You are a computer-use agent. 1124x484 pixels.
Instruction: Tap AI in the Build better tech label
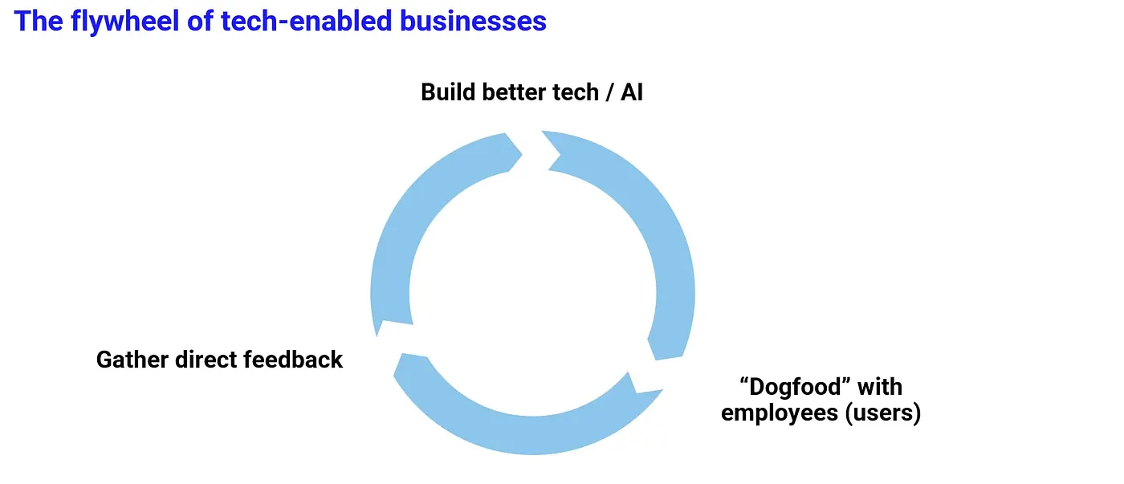coord(632,92)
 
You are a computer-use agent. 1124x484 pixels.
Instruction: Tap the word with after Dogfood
coord(880,387)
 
